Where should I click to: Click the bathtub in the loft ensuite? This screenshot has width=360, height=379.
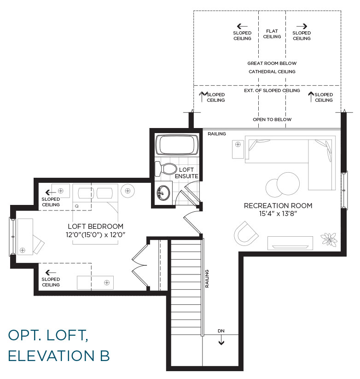tap(177, 145)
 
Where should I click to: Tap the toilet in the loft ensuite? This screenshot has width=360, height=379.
tap(166, 169)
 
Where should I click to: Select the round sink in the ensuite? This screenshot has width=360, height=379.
tap(163, 193)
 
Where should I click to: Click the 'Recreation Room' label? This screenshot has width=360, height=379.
tap(278, 206)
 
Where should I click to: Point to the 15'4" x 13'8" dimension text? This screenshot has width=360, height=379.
tap(278, 214)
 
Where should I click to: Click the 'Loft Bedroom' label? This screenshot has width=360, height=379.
tap(96, 227)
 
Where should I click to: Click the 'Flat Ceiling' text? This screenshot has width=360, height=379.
tap(272, 34)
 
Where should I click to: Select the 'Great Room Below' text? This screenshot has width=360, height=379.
tap(272, 64)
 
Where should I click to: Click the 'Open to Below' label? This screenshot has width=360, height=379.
tap(272, 119)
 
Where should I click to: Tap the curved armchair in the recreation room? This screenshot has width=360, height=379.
tap(246, 234)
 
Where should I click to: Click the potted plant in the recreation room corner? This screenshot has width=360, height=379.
tap(329, 239)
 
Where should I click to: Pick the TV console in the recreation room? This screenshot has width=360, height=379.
tap(290, 243)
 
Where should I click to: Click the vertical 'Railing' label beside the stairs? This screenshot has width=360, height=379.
tap(207, 279)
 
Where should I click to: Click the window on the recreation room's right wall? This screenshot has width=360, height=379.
tap(344, 190)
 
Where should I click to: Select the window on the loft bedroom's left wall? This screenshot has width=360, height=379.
tap(12, 236)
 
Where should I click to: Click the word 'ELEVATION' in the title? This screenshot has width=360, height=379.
tap(52, 356)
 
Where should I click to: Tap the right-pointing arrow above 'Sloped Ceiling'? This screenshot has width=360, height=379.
tap(302, 26)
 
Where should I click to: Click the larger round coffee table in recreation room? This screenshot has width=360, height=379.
tap(288, 183)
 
